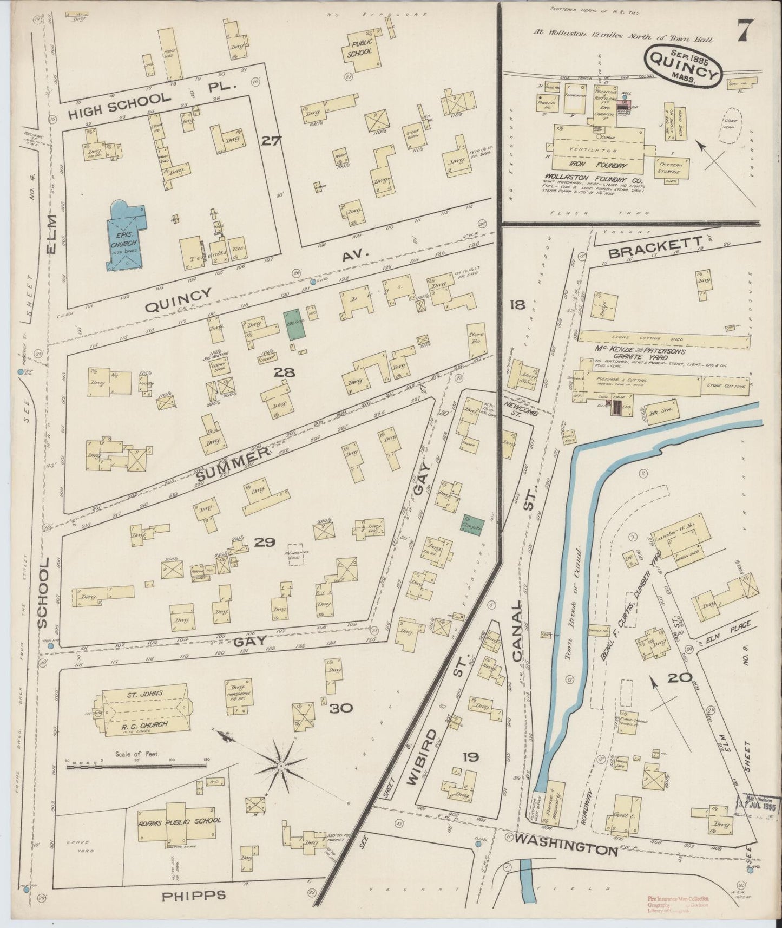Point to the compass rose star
[280, 767]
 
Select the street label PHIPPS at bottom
[194, 896]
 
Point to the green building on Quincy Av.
[293, 324]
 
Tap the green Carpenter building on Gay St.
[473, 524]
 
